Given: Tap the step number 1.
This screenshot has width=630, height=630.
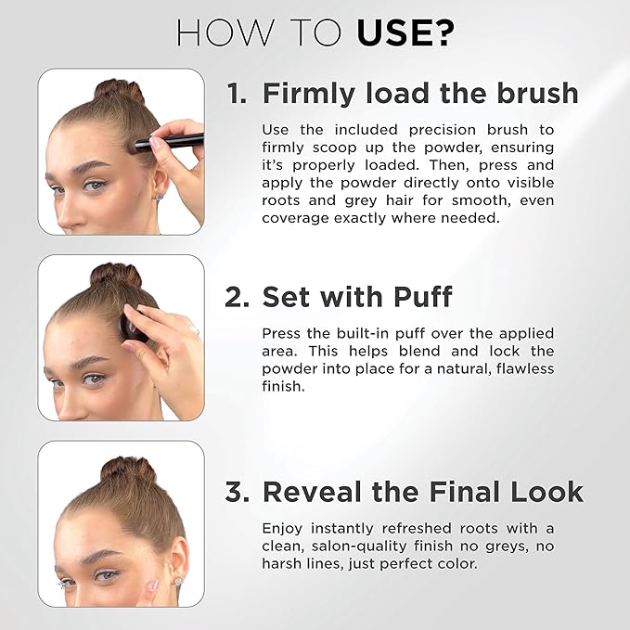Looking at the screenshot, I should pyautogui.click(x=237, y=94).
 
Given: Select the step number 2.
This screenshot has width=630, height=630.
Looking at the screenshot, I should pyautogui.click(x=237, y=297).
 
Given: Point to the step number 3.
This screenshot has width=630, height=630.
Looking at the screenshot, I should pyautogui.click(x=238, y=492).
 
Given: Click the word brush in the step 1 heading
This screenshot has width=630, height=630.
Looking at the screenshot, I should pyautogui.click(x=534, y=94).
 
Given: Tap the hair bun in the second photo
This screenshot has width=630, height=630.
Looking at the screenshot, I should pyautogui.click(x=116, y=275).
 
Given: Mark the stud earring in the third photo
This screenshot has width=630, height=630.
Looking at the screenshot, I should pyautogui.click(x=177, y=582).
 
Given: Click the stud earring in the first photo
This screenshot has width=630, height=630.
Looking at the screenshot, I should pyautogui.click(x=159, y=197).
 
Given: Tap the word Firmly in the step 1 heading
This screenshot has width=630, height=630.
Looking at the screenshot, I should pyautogui.click(x=309, y=94).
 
